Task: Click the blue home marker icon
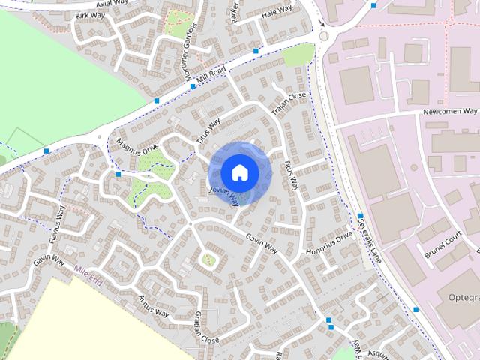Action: (x=239, y=172)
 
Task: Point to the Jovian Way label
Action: (x=224, y=196)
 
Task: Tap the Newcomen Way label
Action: (x=449, y=112)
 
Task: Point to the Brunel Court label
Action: (x=441, y=239)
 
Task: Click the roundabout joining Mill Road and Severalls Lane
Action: (x=324, y=34)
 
